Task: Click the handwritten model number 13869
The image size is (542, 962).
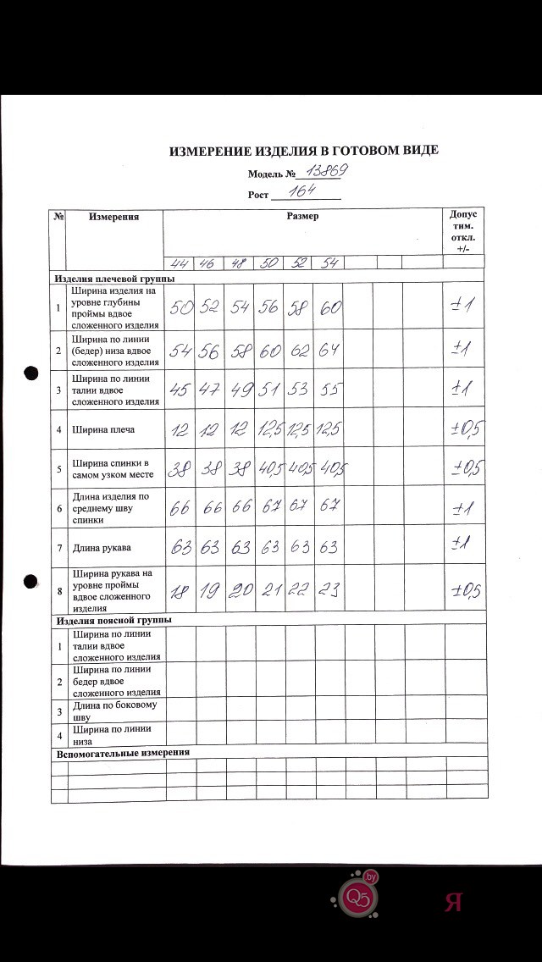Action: click(x=326, y=172)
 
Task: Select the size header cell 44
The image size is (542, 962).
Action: click(x=180, y=263)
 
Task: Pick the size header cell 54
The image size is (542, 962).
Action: click(x=329, y=263)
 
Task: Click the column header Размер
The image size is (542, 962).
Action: click(x=302, y=216)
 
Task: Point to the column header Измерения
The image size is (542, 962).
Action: click(x=114, y=217)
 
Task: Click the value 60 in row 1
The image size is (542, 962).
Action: click(x=329, y=308)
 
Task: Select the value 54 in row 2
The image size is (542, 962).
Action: click(x=180, y=350)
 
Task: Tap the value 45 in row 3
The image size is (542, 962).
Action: click(x=180, y=390)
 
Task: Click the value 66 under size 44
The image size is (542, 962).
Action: click(x=180, y=509)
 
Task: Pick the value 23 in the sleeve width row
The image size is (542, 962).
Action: click(x=329, y=591)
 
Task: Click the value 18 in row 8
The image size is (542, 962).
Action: click(x=180, y=591)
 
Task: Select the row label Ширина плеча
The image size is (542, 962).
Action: click(x=103, y=429)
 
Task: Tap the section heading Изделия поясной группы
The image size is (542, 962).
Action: click(x=113, y=620)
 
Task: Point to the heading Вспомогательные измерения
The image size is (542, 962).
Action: click(x=122, y=752)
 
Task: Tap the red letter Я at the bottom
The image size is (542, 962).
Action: click(x=452, y=902)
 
